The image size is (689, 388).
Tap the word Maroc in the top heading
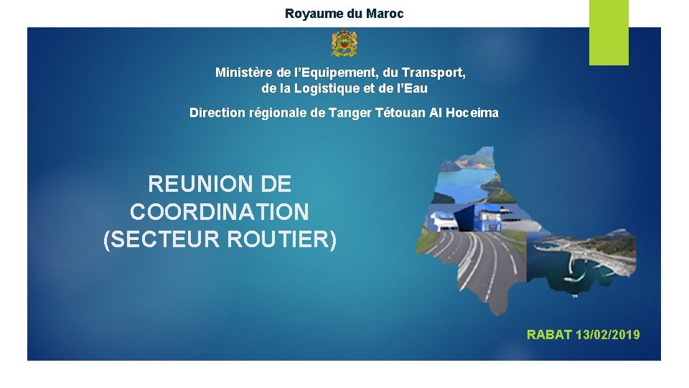386,14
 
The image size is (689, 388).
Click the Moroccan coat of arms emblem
344,44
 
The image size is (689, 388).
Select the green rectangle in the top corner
609,32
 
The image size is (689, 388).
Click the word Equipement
332,73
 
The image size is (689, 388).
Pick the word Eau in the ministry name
416,89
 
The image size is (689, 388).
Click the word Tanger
350,113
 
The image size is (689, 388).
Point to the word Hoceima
474,113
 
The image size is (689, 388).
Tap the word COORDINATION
220,212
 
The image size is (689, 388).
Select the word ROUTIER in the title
281,240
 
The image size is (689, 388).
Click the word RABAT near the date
549,334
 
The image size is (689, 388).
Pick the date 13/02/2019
608,334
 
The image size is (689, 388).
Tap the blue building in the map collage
495,216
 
